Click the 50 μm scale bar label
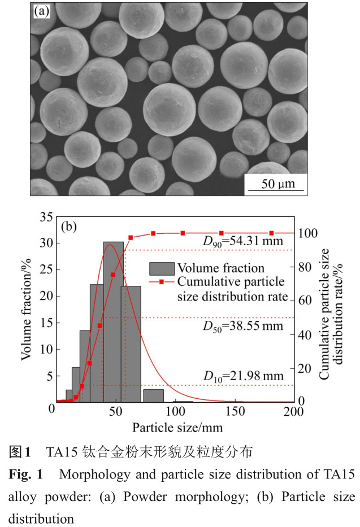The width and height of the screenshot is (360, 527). [276, 184]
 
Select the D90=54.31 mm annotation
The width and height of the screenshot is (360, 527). [243, 241]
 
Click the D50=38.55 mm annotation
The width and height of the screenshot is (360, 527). [244, 326]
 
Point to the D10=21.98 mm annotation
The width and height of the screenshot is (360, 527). [244, 375]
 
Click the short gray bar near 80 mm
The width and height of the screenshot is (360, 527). [153, 395]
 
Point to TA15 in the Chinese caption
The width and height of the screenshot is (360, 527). [64, 452]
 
